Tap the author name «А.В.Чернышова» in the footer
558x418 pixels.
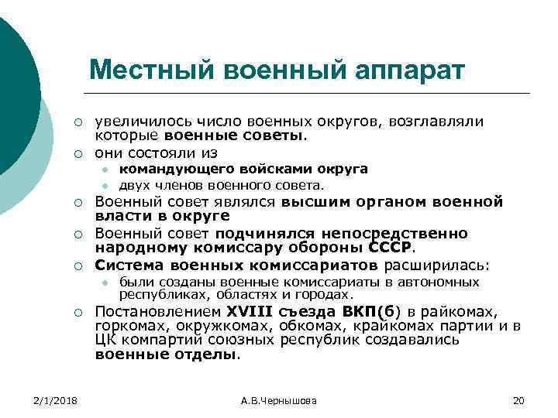click(279, 399)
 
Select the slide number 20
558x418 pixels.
click(518, 399)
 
